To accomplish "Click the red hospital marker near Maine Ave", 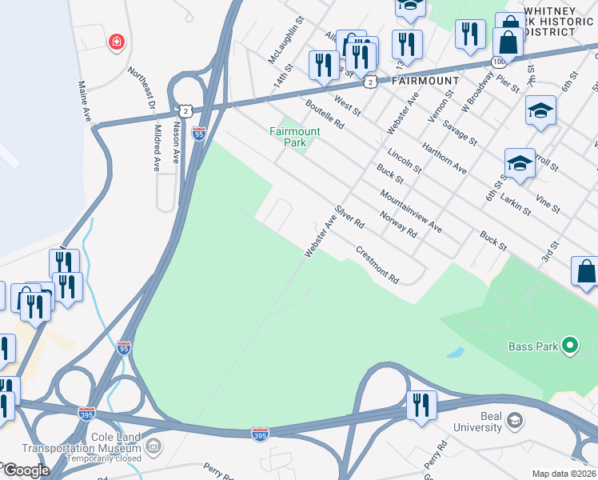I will pos(117,42).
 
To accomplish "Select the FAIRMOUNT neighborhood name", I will pos(425,81).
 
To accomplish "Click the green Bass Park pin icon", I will pos(569,346).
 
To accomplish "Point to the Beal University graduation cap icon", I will pos(514,420).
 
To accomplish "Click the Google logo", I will pos(26,470).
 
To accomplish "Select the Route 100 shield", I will pos(499,61).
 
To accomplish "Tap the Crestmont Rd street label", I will pos(377,265).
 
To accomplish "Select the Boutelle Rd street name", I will pos(324,114).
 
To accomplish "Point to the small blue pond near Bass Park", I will pos(454,352).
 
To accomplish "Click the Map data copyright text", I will pos(564,474).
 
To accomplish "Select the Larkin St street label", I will pos(516,202).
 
